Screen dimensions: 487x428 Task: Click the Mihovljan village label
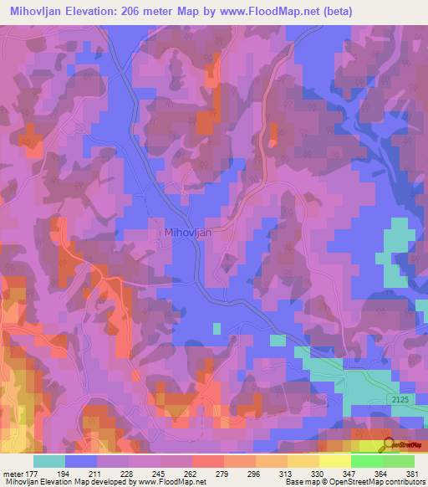click(x=188, y=234)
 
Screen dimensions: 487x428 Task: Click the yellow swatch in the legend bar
click(x=334, y=461)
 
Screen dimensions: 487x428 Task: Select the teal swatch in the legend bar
click(x=49, y=461)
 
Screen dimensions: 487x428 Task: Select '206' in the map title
click(x=136, y=12)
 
